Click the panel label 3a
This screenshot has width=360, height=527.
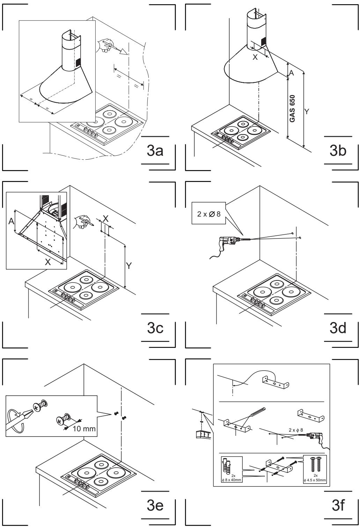[155, 151]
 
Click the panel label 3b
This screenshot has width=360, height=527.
[338, 151]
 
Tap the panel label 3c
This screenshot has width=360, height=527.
[155, 328]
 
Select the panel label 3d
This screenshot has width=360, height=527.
[338, 328]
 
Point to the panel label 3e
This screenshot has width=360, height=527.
[155, 506]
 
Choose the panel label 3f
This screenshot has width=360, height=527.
[338, 506]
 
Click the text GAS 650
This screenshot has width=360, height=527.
[292, 109]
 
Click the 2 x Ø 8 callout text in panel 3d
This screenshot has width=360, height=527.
[209, 214]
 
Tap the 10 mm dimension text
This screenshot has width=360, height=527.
[84, 429]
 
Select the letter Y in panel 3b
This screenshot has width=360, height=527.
[306, 111]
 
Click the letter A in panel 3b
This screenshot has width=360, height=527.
[291, 73]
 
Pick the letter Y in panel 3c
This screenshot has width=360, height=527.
[129, 266]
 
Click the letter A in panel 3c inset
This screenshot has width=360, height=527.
[11, 221]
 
